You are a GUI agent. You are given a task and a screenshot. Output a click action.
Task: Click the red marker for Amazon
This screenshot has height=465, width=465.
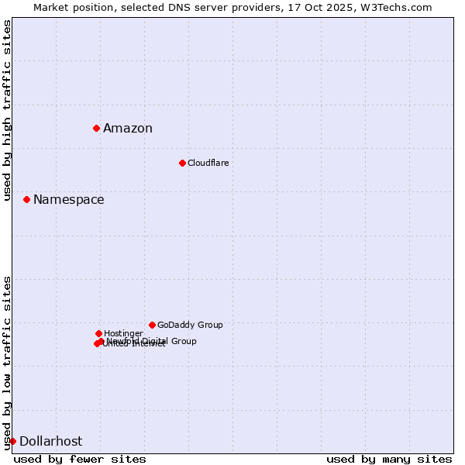coord(96,128)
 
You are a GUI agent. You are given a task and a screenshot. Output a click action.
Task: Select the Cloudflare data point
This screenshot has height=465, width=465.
coord(182,163)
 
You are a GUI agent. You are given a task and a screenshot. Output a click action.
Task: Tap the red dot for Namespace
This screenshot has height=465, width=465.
coord(26,199)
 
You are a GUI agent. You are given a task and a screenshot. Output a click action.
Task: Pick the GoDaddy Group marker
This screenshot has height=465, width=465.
coord(152,325)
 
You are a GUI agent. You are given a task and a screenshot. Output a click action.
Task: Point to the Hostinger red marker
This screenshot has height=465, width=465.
coord(98,333)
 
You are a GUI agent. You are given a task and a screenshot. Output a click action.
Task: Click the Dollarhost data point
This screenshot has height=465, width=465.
coord(12,441)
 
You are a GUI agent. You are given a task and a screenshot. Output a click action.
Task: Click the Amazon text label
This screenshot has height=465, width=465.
coord(128,129)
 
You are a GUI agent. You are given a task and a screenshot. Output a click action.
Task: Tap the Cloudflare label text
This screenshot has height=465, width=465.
coord(208,163)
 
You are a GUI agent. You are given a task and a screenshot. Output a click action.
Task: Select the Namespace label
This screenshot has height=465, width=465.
coord(68,200)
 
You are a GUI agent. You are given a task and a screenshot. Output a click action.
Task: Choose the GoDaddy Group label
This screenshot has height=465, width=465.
coord(190,325)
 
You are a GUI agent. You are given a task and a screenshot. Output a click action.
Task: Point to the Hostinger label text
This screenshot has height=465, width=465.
coord(123,333)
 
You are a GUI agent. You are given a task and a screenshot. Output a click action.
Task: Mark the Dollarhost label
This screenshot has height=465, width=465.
coord(50,442)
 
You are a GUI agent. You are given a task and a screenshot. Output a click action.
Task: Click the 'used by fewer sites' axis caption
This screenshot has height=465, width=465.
coord(80,459)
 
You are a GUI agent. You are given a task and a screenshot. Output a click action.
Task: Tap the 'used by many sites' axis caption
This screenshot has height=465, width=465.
coord(389,459)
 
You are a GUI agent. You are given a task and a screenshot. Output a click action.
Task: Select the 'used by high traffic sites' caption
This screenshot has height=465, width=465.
coord(8,110)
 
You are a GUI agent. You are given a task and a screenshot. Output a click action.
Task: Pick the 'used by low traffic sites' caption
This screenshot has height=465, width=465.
coord(8,363)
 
